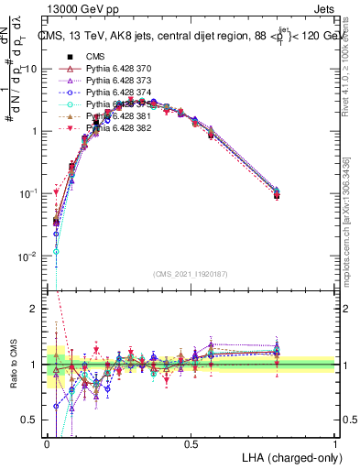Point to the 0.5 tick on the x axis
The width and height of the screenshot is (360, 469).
191,442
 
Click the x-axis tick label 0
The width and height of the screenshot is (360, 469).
48,442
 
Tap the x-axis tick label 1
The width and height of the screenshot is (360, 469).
335,442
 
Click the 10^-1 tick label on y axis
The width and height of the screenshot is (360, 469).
29,193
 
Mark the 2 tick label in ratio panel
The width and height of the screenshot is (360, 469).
35,310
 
